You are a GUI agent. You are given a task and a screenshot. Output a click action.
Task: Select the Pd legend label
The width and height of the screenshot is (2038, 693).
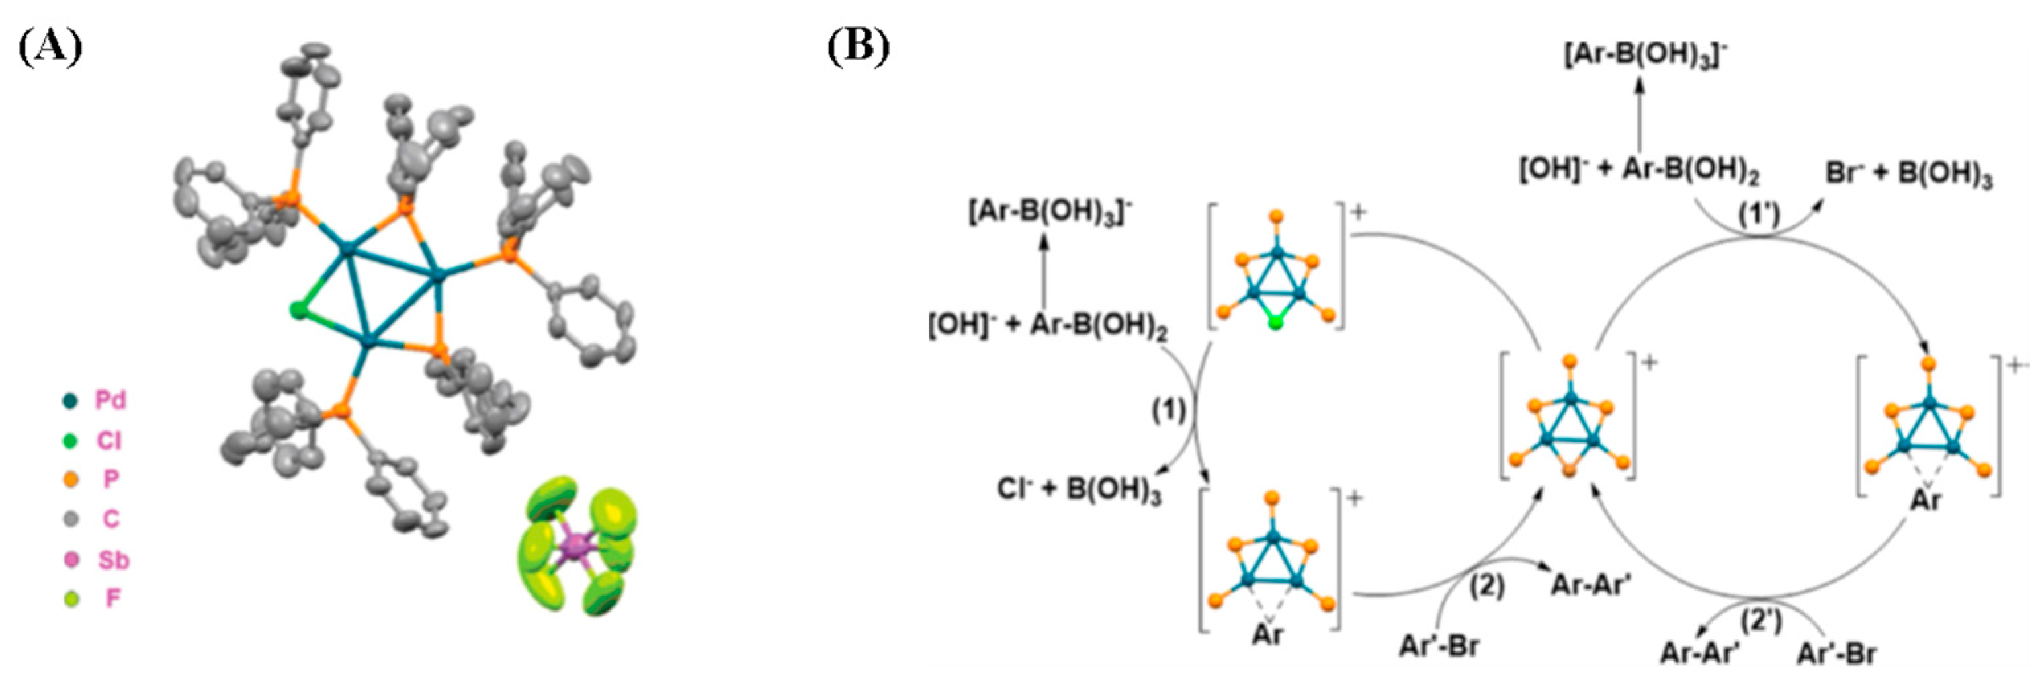[110, 400]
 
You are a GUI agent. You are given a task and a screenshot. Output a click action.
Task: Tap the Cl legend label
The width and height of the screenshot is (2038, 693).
[108, 440]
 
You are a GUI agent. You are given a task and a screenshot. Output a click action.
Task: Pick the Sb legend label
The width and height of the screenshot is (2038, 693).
[113, 560]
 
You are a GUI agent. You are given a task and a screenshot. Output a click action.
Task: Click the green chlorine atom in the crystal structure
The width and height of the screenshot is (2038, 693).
[298, 311]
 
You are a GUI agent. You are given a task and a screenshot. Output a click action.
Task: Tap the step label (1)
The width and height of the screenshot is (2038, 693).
[1168, 410]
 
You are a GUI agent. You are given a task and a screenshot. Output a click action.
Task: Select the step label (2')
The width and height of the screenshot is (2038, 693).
[1761, 622]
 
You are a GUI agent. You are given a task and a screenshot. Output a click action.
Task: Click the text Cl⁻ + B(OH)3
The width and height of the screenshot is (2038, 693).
[1078, 491]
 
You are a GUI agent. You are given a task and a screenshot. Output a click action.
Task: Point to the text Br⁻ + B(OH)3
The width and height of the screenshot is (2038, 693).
[1908, 174]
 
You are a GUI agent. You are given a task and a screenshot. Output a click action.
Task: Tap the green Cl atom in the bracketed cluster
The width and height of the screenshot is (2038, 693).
[1275, 323]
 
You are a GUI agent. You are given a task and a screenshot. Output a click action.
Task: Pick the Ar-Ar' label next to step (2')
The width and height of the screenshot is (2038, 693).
[1699, 653]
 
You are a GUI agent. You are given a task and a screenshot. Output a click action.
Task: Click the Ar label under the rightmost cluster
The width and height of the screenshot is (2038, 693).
[1925, 501]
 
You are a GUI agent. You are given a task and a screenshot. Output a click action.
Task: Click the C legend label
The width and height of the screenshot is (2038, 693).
[110, 519]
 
